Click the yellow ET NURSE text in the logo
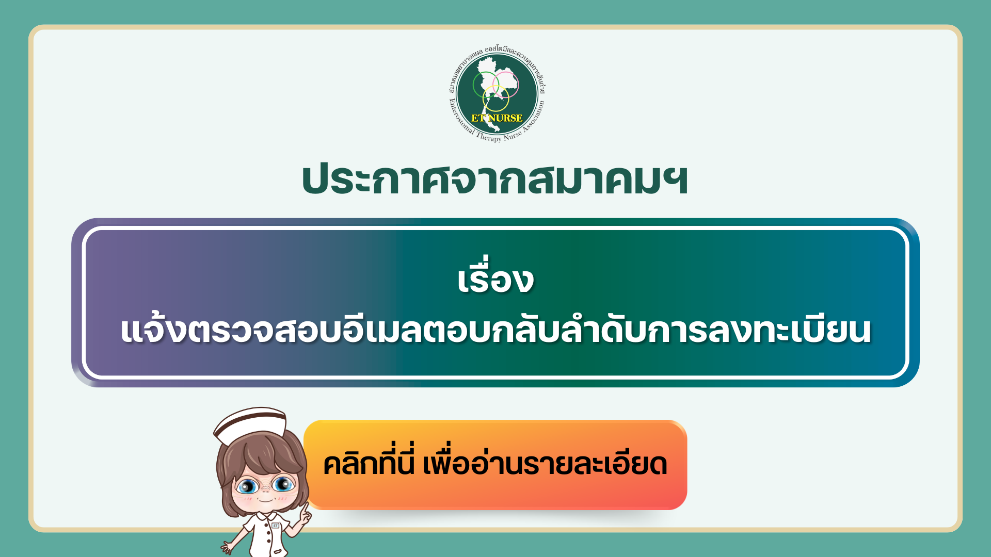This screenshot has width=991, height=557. click(x=497, y=118)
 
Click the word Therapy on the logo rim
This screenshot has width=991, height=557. click(x=489, y=137)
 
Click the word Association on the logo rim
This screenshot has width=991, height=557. click(x=534, y=121)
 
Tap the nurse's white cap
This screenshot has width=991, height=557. click(x=251, y=424)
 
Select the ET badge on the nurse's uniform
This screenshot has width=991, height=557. click(x=276, y=526)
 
